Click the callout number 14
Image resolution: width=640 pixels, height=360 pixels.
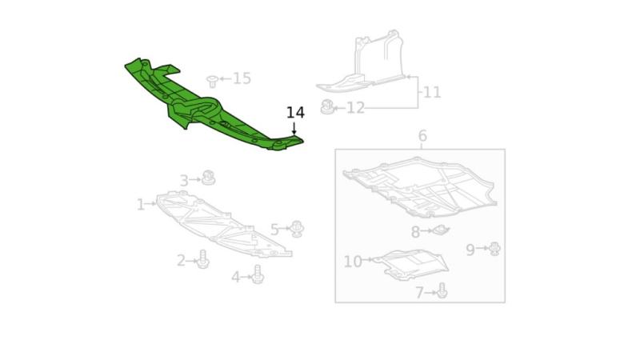coord(295,113)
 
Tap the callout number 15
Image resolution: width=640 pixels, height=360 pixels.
coord(242,78)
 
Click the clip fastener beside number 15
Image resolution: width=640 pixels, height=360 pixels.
coord(212,80)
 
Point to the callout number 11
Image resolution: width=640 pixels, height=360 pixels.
coord(432,92)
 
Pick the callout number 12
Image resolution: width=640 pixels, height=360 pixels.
coord(355,108)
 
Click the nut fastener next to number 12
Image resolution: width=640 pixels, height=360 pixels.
coord(327,106)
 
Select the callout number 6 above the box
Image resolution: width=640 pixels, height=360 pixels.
coord(422,136)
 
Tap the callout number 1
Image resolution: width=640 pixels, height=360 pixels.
coord(141,205)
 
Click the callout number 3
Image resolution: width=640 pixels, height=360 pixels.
coord(184,181)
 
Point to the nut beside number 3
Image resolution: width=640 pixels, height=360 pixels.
coord(208,177)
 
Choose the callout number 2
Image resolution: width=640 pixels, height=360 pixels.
coord(182,260)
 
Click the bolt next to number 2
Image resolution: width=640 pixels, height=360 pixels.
coord(202,259)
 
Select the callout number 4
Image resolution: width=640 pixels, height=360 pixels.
coord(236,277)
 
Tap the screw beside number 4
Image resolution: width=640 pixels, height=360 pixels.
coord(258,274)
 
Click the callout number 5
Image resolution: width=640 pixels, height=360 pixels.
coord(274,230)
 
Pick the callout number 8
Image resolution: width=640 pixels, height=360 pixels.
coord(416,232)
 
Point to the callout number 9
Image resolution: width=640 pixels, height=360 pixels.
coord(471,250)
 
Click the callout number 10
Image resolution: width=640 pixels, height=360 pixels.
coord(353,262)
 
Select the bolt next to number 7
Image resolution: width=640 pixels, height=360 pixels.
coord(442,291)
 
